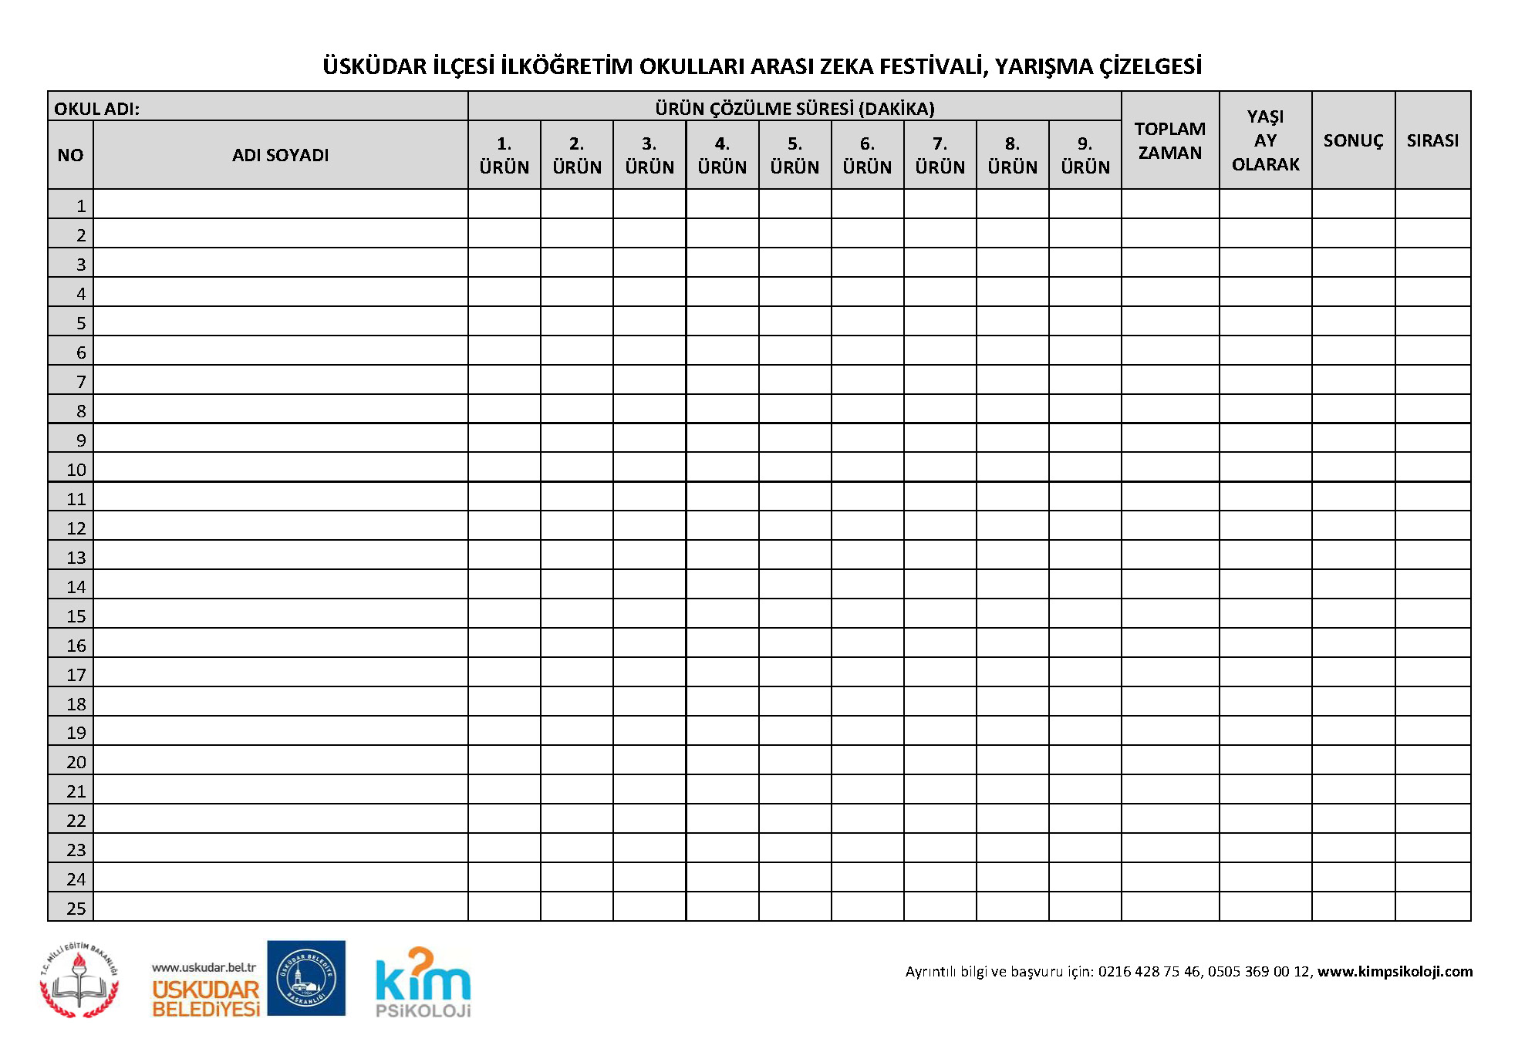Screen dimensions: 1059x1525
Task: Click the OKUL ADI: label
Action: point(96,109)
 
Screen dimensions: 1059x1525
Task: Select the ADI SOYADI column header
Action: point(280,155)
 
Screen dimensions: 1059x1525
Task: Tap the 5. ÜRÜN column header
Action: point(795,155)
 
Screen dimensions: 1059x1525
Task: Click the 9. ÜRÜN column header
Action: point(1085,155)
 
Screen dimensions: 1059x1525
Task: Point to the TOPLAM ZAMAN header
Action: point(1169,140)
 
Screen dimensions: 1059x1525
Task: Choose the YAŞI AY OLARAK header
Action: point(1265,140)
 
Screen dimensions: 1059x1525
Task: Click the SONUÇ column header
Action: point(1353,140)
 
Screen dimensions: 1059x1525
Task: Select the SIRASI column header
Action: point(1432,140)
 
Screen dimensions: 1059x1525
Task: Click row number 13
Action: point(76,557)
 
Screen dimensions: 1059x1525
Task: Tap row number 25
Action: point(76,908)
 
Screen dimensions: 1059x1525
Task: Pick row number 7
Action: point(80,381)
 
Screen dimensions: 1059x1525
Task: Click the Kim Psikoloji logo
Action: point(423,983)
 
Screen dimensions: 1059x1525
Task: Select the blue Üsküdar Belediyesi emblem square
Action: point(306,978)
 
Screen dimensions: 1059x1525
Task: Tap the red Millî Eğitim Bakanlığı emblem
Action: point(79,980)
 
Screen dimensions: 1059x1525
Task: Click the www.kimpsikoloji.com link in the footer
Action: point(1395,971)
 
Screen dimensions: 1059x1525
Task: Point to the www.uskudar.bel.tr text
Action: point(204,967)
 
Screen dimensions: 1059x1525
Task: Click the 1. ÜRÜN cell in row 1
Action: point(504,204)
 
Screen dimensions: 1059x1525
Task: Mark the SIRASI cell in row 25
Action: point(1432,907)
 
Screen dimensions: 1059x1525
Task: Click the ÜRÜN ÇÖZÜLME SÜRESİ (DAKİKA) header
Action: point(795,108)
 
